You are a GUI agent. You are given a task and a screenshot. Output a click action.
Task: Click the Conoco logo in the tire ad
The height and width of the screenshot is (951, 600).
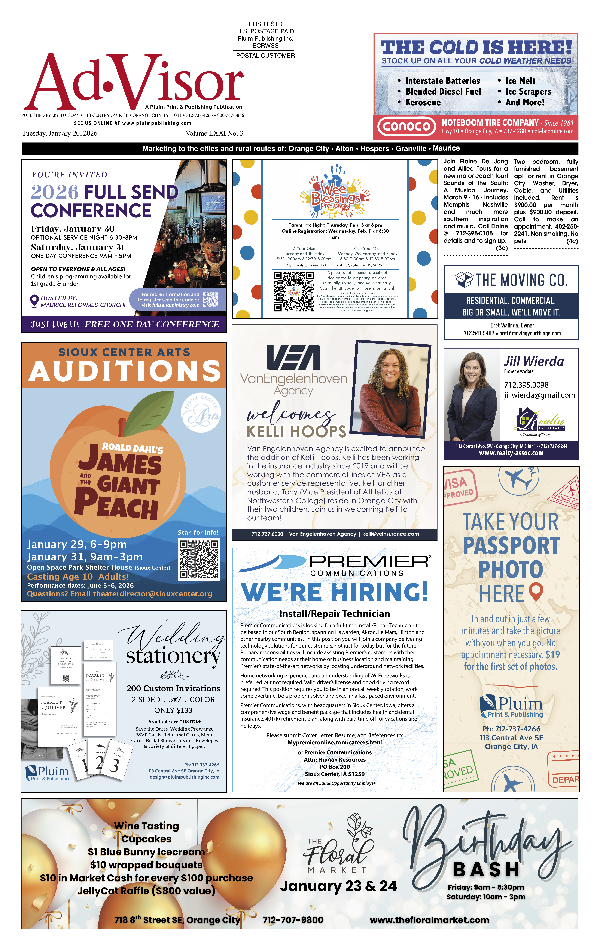tap(406, 126)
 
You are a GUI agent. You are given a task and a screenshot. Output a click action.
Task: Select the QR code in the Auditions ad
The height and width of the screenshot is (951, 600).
tap(200, 560)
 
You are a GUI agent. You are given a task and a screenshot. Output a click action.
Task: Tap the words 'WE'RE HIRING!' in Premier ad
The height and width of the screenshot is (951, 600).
tap(335, 592)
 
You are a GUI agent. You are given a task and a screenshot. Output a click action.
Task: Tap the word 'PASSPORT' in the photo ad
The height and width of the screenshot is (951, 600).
tap(511, 546)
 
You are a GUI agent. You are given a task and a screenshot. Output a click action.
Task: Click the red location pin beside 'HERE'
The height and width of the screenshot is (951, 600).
tap(536, 591)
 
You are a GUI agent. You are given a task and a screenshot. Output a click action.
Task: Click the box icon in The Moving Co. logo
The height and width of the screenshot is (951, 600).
tap(464, 280)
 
